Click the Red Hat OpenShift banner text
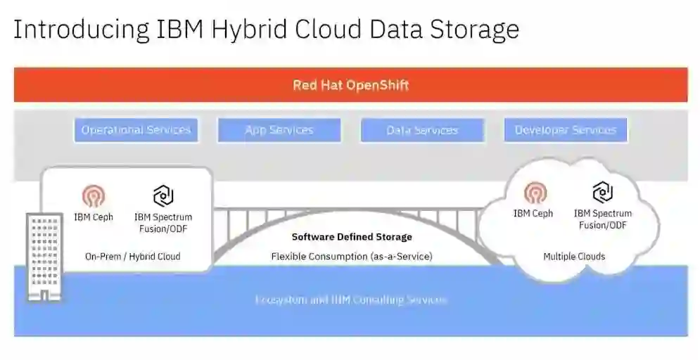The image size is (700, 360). [350, 85]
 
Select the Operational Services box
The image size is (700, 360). [136, 130]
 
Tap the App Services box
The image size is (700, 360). [279, 130]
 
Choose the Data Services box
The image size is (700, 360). [422, 130]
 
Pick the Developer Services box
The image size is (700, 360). [566, 130]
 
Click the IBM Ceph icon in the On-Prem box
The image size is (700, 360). [94, 195]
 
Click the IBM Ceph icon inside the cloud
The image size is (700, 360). [535, 192]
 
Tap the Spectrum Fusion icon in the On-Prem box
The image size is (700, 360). [163, 195]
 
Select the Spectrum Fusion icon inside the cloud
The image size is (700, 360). [602, 191]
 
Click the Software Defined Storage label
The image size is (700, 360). [352, 237]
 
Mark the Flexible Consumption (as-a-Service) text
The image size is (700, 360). [352, 257]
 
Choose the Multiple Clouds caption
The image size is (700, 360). [574, 257]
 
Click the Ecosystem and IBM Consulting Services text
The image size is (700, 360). [350, 300]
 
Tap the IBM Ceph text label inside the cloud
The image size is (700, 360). [533, 213]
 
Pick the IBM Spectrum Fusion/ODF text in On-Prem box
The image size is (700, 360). [163, 223]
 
